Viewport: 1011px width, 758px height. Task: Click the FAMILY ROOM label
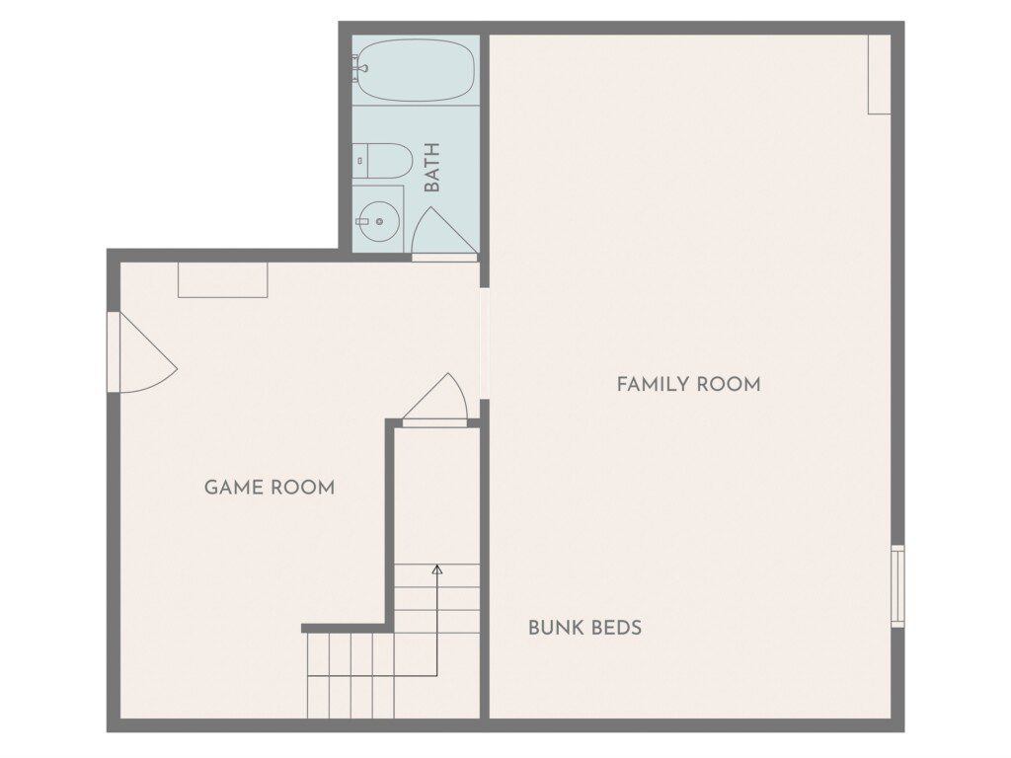tap(688, 384)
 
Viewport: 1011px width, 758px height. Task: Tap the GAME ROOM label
tap(270, 488)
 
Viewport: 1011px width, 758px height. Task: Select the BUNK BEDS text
tap(584, 627)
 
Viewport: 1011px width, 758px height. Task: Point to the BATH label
tap(432, 168)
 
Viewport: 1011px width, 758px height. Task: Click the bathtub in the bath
tap(416, 70)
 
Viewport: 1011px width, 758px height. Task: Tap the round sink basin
tap(379, 221)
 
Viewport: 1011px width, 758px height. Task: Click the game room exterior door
tap(142, 352)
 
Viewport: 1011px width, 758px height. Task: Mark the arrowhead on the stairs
tap(437, 569)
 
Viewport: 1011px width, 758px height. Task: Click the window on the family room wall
tap(897, 586)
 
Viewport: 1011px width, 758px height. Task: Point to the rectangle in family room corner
tap(880, 75)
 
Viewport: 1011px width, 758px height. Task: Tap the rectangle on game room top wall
tap(223, 280)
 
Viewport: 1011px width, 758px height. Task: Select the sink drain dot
tap(379, 222)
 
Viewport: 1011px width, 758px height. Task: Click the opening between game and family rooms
tap(484, 342)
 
